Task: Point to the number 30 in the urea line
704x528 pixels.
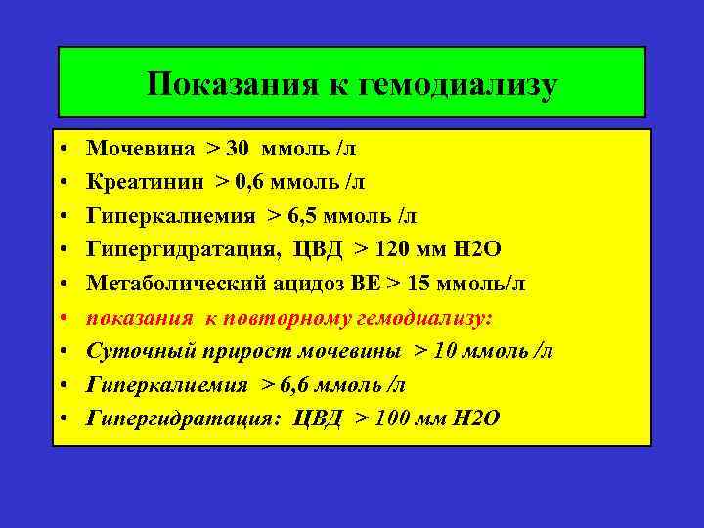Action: coord(239,149)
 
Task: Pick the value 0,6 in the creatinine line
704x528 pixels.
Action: coord(255,182)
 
